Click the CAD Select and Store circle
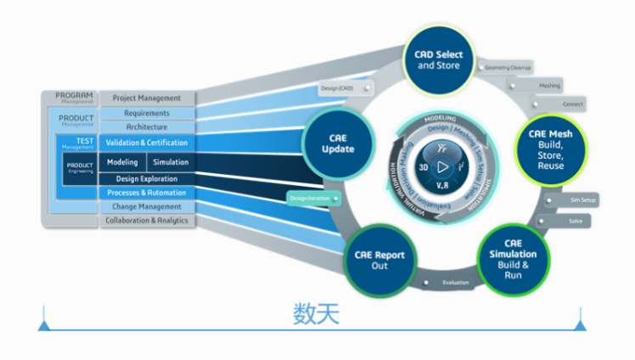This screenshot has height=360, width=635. [439, 59]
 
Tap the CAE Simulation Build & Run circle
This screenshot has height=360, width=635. [513, 257]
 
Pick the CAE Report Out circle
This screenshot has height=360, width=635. [379, 260]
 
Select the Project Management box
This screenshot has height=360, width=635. [147, 98]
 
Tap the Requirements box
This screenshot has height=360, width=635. [147, 113]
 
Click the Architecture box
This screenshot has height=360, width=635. [147, 127]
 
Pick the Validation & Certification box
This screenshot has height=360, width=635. [147, 143]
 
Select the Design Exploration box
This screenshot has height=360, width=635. [147, 179]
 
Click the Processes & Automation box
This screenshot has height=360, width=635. [147, 193]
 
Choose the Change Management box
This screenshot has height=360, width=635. [147, 206]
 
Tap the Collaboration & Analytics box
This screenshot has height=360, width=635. [147, 221]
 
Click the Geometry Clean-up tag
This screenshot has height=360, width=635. [507, 66]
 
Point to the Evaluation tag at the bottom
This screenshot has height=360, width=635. [454, 282]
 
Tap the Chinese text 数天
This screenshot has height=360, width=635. [317, 315]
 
